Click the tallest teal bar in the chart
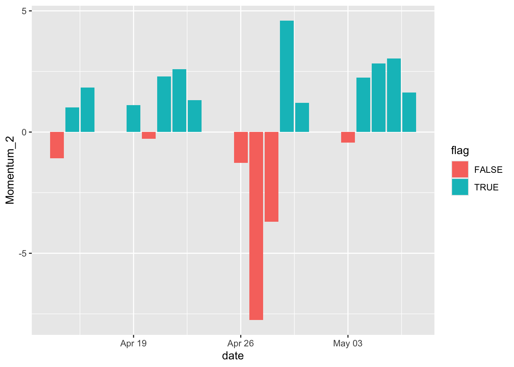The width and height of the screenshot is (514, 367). [x=286, y=76]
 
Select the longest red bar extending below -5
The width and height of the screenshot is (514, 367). [x=256, y=226]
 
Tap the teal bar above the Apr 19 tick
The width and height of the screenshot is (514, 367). [x=133, y=119]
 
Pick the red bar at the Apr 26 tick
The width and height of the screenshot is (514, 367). [x=241, y=147]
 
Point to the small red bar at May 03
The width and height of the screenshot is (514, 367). [x=348, y=137]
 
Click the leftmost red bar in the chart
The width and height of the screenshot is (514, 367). [x=57, y=145]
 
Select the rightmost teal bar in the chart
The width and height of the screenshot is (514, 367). [x=409, y=112]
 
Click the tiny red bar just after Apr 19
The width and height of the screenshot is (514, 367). [x=149, y=135]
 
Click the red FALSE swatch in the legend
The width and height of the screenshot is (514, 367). [x=460, y=169]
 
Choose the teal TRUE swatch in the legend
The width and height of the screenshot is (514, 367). [x=460, y=187]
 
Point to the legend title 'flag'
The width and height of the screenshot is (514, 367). [x=460, y=151]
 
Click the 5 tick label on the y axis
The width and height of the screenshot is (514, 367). [x=24, y=11]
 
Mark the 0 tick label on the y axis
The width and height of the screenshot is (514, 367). [x=24, y=132]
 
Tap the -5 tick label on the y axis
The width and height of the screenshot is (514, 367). [x=22, y=253]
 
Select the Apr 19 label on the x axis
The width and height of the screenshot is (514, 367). [x=133, y=343]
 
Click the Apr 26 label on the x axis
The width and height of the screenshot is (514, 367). [x=241, y=343]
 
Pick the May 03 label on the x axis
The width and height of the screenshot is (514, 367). [x=348, y=343]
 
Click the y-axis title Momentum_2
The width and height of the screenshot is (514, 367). [x=10, y=171]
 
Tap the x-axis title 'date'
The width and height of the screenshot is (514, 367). [x=233, y=356]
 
